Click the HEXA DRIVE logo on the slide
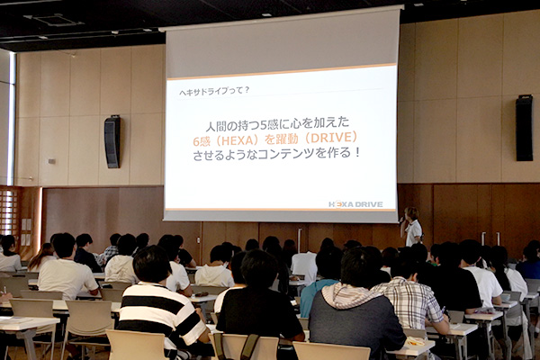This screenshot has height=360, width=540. tap(355, 204)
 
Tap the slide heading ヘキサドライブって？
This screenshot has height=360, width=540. tap(214, 91)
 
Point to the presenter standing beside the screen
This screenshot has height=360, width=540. tap(412, 227)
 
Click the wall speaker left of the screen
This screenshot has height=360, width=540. tap(112, 142)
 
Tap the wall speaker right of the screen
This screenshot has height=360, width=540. tap(524, 128)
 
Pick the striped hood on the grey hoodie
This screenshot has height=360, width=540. tap(347, 295)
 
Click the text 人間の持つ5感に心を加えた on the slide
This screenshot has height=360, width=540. tap(277, 124)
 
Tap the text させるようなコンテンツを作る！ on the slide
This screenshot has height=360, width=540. tap(276, 154)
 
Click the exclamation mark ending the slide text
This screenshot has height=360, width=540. tap(356, 152)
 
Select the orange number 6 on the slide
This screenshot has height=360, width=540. tap(196, 141)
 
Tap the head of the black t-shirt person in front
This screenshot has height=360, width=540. tap(260, 269)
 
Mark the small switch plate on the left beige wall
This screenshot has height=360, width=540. tap(51, 161)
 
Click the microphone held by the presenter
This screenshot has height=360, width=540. tap(402, 219)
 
